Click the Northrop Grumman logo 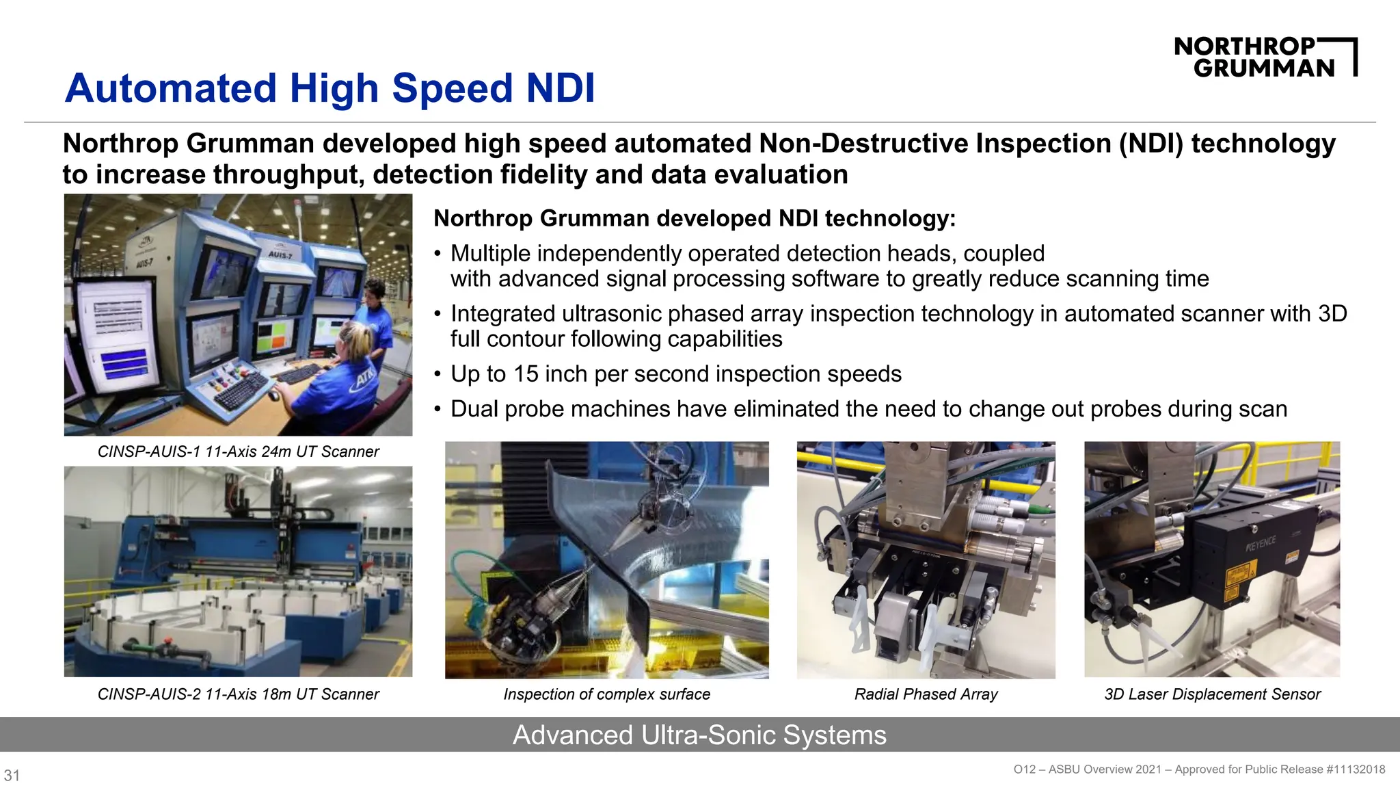[1265, 57]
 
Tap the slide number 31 [12, 775]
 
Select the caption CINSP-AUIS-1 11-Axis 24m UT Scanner [238, 451]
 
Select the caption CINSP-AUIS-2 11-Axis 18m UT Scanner [238, 694]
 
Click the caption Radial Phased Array [926, 694]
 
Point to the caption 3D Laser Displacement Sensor [1212, 694]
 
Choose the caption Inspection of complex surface [606, 694]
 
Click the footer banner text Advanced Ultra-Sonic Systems [699, 735]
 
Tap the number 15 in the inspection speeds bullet [526, 374]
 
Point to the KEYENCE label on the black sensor [1261, 544]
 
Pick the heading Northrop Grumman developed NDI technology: [695, 218]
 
